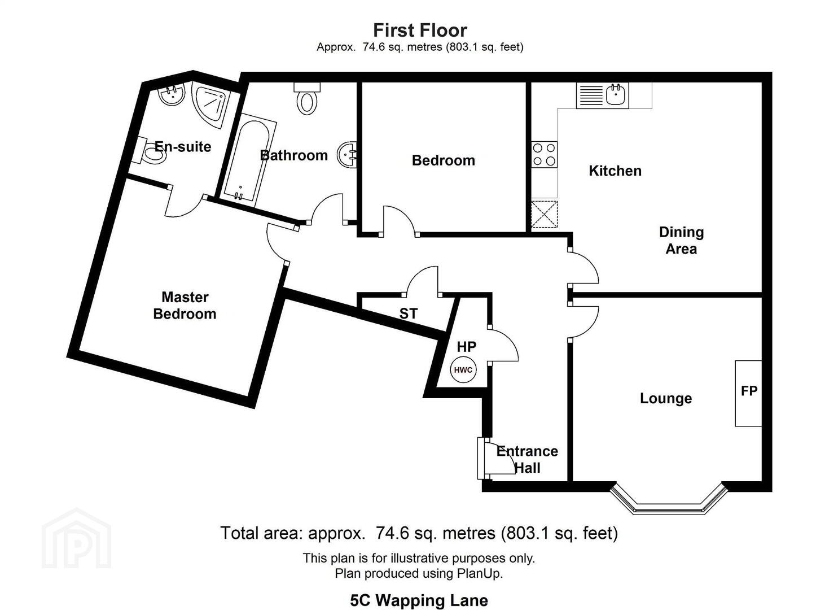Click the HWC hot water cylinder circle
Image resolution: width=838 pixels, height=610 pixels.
tap(463, 370)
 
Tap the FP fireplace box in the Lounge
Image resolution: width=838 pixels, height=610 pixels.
tap(748, 393)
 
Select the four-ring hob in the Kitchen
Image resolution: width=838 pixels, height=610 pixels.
tap(545, 154)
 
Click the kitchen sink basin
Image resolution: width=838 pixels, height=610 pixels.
tap(615, 95)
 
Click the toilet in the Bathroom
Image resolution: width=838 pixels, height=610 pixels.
tap(307, 98)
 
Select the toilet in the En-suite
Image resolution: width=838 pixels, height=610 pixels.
tap(151, 151)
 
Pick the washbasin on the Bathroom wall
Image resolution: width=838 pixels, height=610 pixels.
tap(348, 154)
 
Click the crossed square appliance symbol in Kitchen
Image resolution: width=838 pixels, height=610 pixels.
tap(545, 214)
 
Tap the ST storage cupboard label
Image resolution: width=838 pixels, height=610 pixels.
tap(408, 314)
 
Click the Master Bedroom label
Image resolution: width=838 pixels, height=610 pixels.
tap(185, 306)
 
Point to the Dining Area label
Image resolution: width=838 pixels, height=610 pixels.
tap(681, 241)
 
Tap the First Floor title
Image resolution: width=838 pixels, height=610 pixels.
tap(420, 30)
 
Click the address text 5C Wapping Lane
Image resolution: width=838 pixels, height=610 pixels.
tap(419, 600)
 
